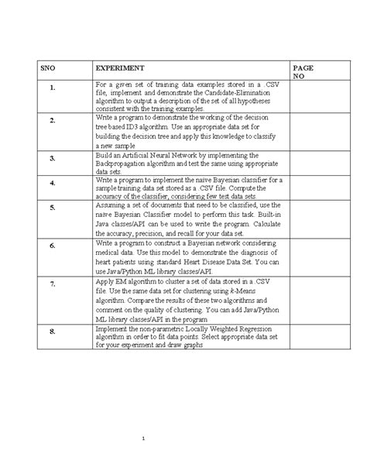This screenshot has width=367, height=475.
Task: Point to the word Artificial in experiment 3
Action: tap(138, 157)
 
